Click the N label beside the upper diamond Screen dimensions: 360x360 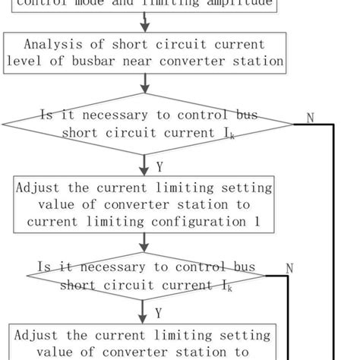[310, 117]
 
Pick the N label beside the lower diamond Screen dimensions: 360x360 [289, 268]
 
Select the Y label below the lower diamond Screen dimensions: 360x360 [159, 312]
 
